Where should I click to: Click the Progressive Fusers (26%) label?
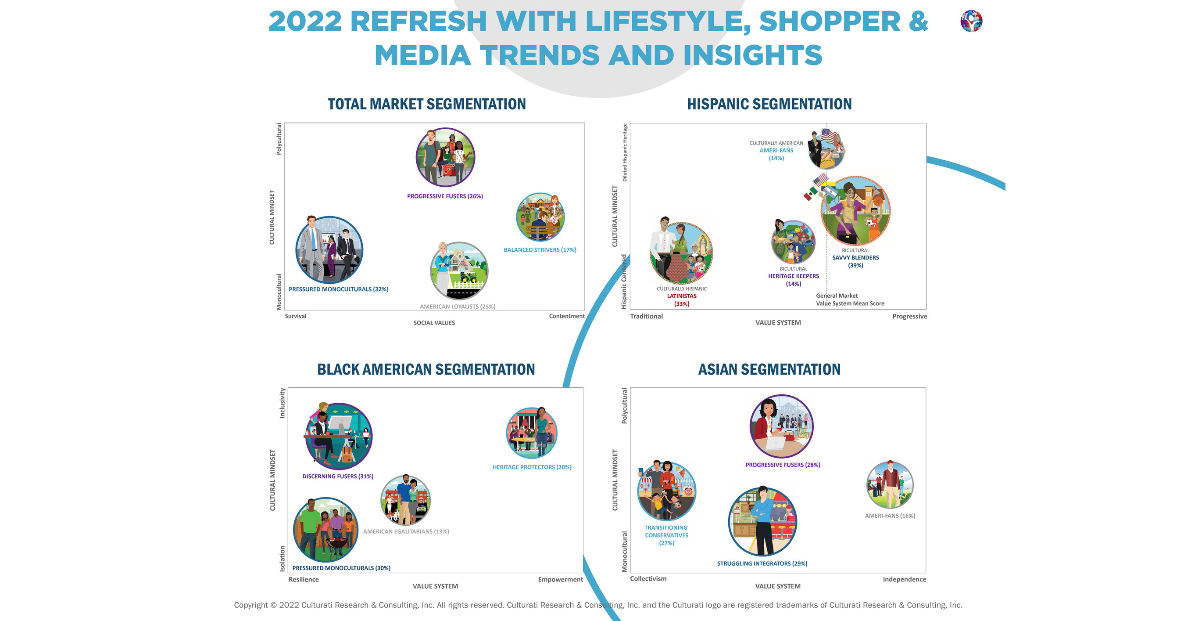tap(444, 196)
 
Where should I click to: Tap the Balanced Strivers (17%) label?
tap(540, 250)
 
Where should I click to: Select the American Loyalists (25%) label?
tap(458, 307)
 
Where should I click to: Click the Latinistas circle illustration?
tap(681, 253)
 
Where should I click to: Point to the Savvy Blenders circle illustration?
tap(855, 211)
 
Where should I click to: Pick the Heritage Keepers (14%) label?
tap(793, 276)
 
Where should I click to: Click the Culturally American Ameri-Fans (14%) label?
tap(776, 151)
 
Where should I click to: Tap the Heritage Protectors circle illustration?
tap(531, 433)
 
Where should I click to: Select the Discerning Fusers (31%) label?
tap(338, 477)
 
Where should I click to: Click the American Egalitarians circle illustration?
tap(405, 501)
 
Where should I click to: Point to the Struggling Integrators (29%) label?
tap(762, 563)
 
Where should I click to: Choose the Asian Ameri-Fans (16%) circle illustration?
tap(890, 485)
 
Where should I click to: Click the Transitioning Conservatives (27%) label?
tap(666, 535)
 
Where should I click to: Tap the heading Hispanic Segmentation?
tap(769, 105)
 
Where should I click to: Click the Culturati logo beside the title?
tap(971, 21)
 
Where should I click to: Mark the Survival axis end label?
tap(296, 316)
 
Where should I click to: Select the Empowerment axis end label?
tap(560, 580)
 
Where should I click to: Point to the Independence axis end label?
tap(904, 580)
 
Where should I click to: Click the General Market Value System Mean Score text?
tap(850, 300)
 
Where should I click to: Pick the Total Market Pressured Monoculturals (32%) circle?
tap(329, 250)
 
